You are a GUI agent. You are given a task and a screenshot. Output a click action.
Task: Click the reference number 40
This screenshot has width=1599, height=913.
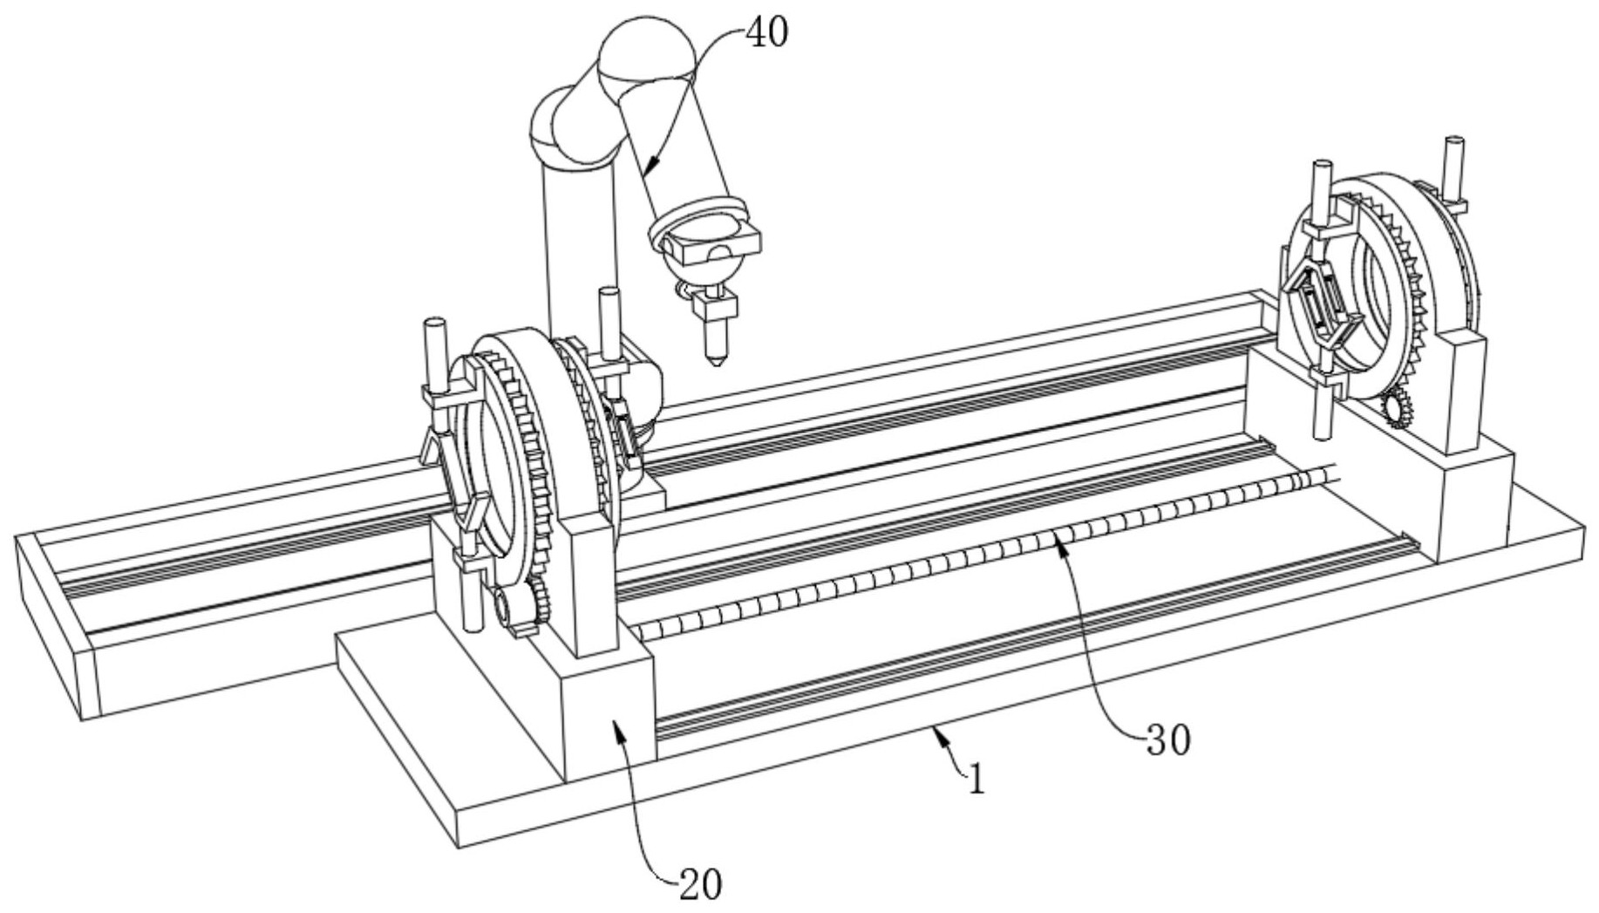coord(766,32)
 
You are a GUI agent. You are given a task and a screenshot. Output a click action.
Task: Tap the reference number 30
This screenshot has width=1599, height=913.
coord(1167,740)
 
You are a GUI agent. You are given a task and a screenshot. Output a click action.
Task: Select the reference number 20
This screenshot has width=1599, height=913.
coord(701,885)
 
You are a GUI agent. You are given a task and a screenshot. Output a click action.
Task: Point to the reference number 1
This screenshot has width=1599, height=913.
coord(976,778)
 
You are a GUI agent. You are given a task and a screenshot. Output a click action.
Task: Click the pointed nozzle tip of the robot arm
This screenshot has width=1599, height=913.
coord(716,359)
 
